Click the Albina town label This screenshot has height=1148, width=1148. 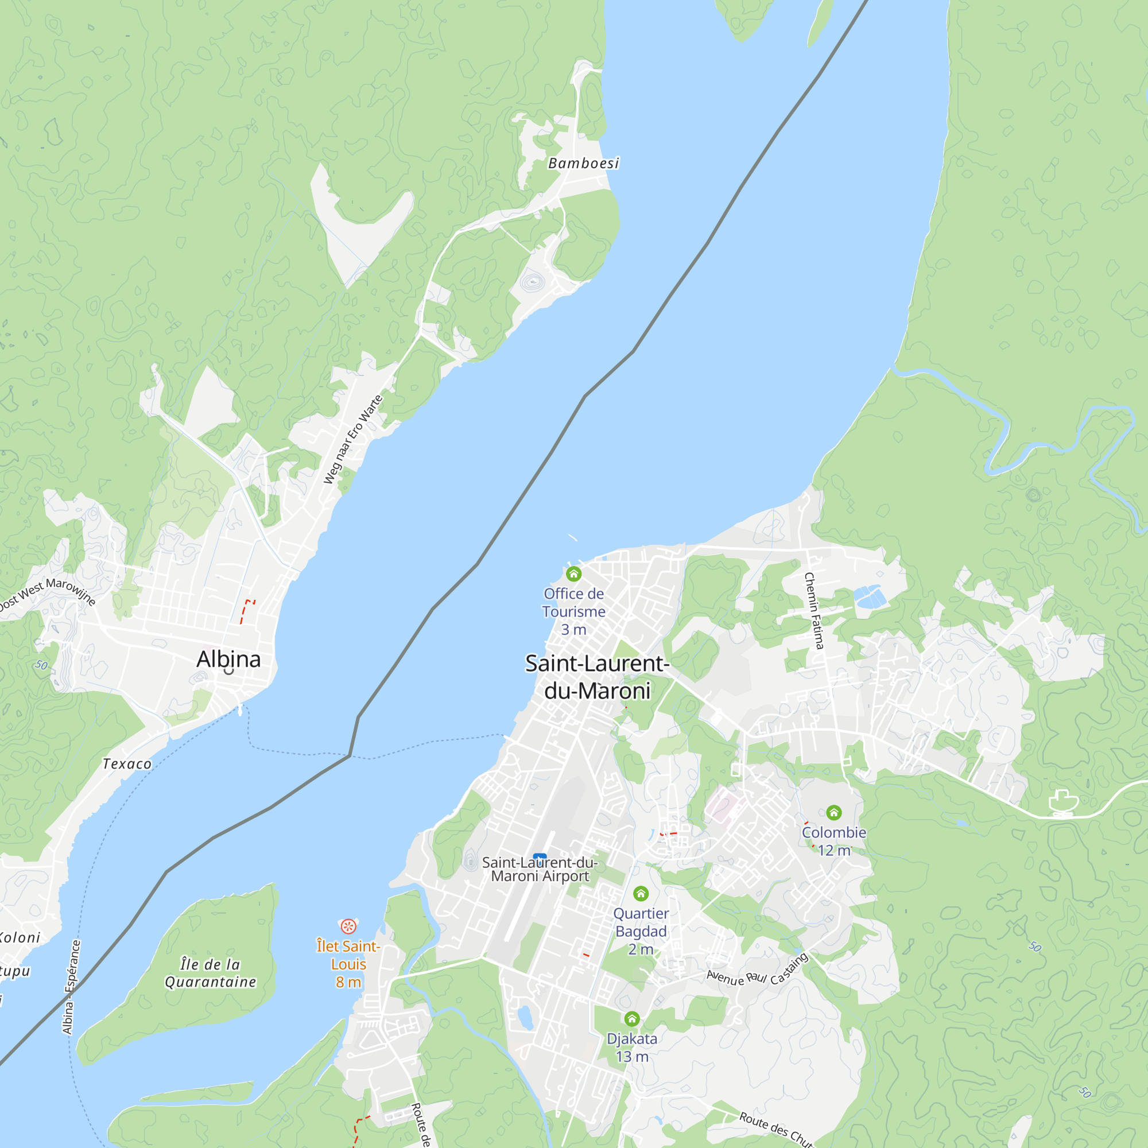pos(229,660)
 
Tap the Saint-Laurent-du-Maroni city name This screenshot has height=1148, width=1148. pos(597,677)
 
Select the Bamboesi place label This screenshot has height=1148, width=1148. pos(584,164)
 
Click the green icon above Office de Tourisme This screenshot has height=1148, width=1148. pos(573,574)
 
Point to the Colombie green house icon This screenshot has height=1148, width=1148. pos(833,812)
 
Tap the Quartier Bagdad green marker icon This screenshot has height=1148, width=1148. pos(641,894)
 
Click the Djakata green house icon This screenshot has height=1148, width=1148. pos(631,1019)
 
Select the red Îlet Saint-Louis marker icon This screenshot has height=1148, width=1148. pos(348,926)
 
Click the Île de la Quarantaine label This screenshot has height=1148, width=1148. pos(210,973)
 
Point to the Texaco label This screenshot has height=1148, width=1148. pos(127,764)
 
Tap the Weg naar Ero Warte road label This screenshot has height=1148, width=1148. pos(353,440)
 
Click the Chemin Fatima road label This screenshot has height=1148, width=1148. pos(813,611)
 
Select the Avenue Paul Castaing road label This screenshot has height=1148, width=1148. pos(758,972)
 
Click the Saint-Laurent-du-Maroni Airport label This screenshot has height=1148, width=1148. pos(540,869)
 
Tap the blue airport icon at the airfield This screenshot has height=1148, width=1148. pos(540,856)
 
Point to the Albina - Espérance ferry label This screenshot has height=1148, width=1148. pos(71,987)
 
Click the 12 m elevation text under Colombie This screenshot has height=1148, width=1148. pos(833,850)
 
